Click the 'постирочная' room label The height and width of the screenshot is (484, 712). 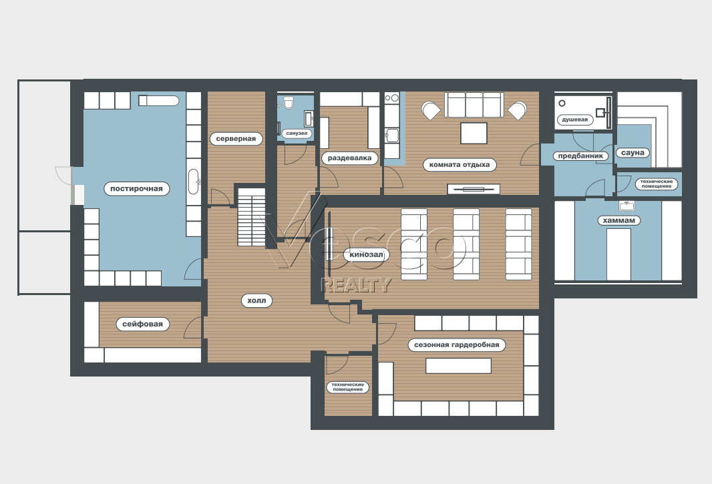(137, 188)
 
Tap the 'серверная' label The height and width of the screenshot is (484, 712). (236, 138)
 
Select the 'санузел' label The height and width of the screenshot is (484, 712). (297, 133)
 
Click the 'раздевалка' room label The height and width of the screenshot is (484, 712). (349, 158)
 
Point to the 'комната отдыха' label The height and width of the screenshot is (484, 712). (460, 164)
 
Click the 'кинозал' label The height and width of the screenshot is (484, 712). (366, 255)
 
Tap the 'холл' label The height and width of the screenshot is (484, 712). (256, 300)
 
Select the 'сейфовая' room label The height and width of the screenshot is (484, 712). (142, 324)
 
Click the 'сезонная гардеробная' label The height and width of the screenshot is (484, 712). (456, 344)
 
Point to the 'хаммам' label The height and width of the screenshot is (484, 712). (619, 220)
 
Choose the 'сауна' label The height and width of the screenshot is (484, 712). (633, 153)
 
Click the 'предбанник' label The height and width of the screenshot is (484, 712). (580, 156)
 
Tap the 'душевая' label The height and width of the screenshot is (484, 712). (575, 120)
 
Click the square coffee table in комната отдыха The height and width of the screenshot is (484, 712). (474, 133)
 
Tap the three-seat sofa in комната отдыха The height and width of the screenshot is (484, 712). (474, 105)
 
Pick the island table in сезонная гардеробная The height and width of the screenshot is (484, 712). (458, 365)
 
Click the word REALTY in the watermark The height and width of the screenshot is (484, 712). (356, 284)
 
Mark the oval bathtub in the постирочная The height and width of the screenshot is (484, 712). (194, 182)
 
